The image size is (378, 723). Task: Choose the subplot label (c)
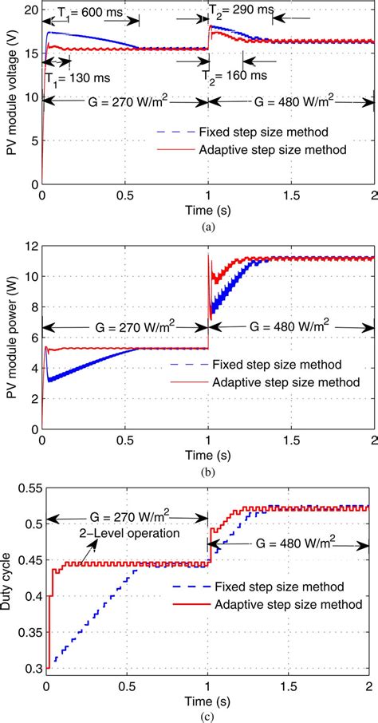(208, 716)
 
